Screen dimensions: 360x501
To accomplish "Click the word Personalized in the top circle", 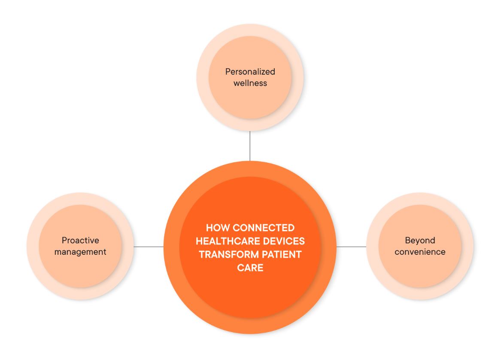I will coord(250,72).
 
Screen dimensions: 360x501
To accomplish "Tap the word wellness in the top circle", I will coord(250,83).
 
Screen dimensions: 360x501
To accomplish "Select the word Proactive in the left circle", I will coord(80,241).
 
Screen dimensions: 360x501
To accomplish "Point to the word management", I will coord(80,252).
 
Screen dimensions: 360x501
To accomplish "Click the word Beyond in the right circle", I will coord(420,241).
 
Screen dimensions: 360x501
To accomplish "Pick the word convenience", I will coord(420,252).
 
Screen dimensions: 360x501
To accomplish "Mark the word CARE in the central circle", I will coord(250,268).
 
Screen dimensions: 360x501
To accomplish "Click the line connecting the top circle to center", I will coord(250,146).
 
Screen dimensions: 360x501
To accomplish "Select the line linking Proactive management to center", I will coord(149,247).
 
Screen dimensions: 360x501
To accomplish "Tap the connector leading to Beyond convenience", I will coord(351,247).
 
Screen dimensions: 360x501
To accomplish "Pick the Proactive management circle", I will coord(80,271).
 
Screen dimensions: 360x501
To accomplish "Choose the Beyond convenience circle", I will coord(420,271).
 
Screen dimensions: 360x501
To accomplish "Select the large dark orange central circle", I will coord(250,301).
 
